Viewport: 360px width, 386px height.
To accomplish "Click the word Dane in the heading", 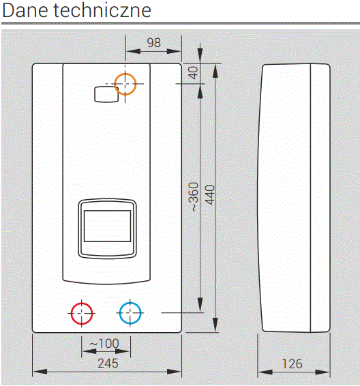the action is tap(25, 10).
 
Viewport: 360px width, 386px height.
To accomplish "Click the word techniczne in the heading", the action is tap(102, 10).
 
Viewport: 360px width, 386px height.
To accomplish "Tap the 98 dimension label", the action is tap(154, 42).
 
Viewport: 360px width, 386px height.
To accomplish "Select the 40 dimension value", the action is tap(194, 72).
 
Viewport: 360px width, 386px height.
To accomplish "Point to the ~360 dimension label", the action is tap(194, 197).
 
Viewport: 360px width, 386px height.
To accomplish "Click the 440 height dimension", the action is tap(210, 195).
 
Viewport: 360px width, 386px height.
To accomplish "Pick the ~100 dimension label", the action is tap(104, 343).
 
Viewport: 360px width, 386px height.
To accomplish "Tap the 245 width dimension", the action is tap(108, 363).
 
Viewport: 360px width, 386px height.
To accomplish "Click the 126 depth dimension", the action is tap(292, 364).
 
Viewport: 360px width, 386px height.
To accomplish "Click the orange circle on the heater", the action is tap(125, 73).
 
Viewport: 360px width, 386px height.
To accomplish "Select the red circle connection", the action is tap(82, 303).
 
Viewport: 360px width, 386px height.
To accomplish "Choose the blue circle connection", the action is tap(130, 302).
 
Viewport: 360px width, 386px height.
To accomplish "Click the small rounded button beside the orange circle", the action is tap(106, 94).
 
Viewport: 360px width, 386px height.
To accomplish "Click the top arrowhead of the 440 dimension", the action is tap(215, 71).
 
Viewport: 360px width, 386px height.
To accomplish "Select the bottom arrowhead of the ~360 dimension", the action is tap(200, 305).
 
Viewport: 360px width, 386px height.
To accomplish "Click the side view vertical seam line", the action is tap(310, 198).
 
